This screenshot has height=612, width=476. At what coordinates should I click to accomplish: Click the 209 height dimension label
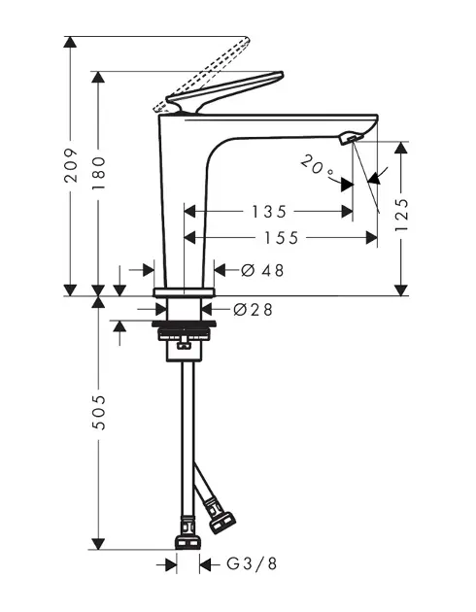click(71, 165)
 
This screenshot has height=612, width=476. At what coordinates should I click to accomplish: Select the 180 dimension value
click(98, 173)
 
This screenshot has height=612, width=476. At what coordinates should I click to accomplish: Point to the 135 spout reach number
click(269, 212)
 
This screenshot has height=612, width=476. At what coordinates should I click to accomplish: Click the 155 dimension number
click(282, 238)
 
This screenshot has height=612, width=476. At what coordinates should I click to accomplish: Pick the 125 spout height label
click(401, 215)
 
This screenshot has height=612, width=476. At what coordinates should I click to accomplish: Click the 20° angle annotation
click(318, 165)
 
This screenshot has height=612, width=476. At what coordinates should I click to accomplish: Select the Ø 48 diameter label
click(262, 270)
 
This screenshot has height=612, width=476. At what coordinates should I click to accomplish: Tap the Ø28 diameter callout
click(253, 310)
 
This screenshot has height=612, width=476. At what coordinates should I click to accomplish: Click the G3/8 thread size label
click(252, 563)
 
